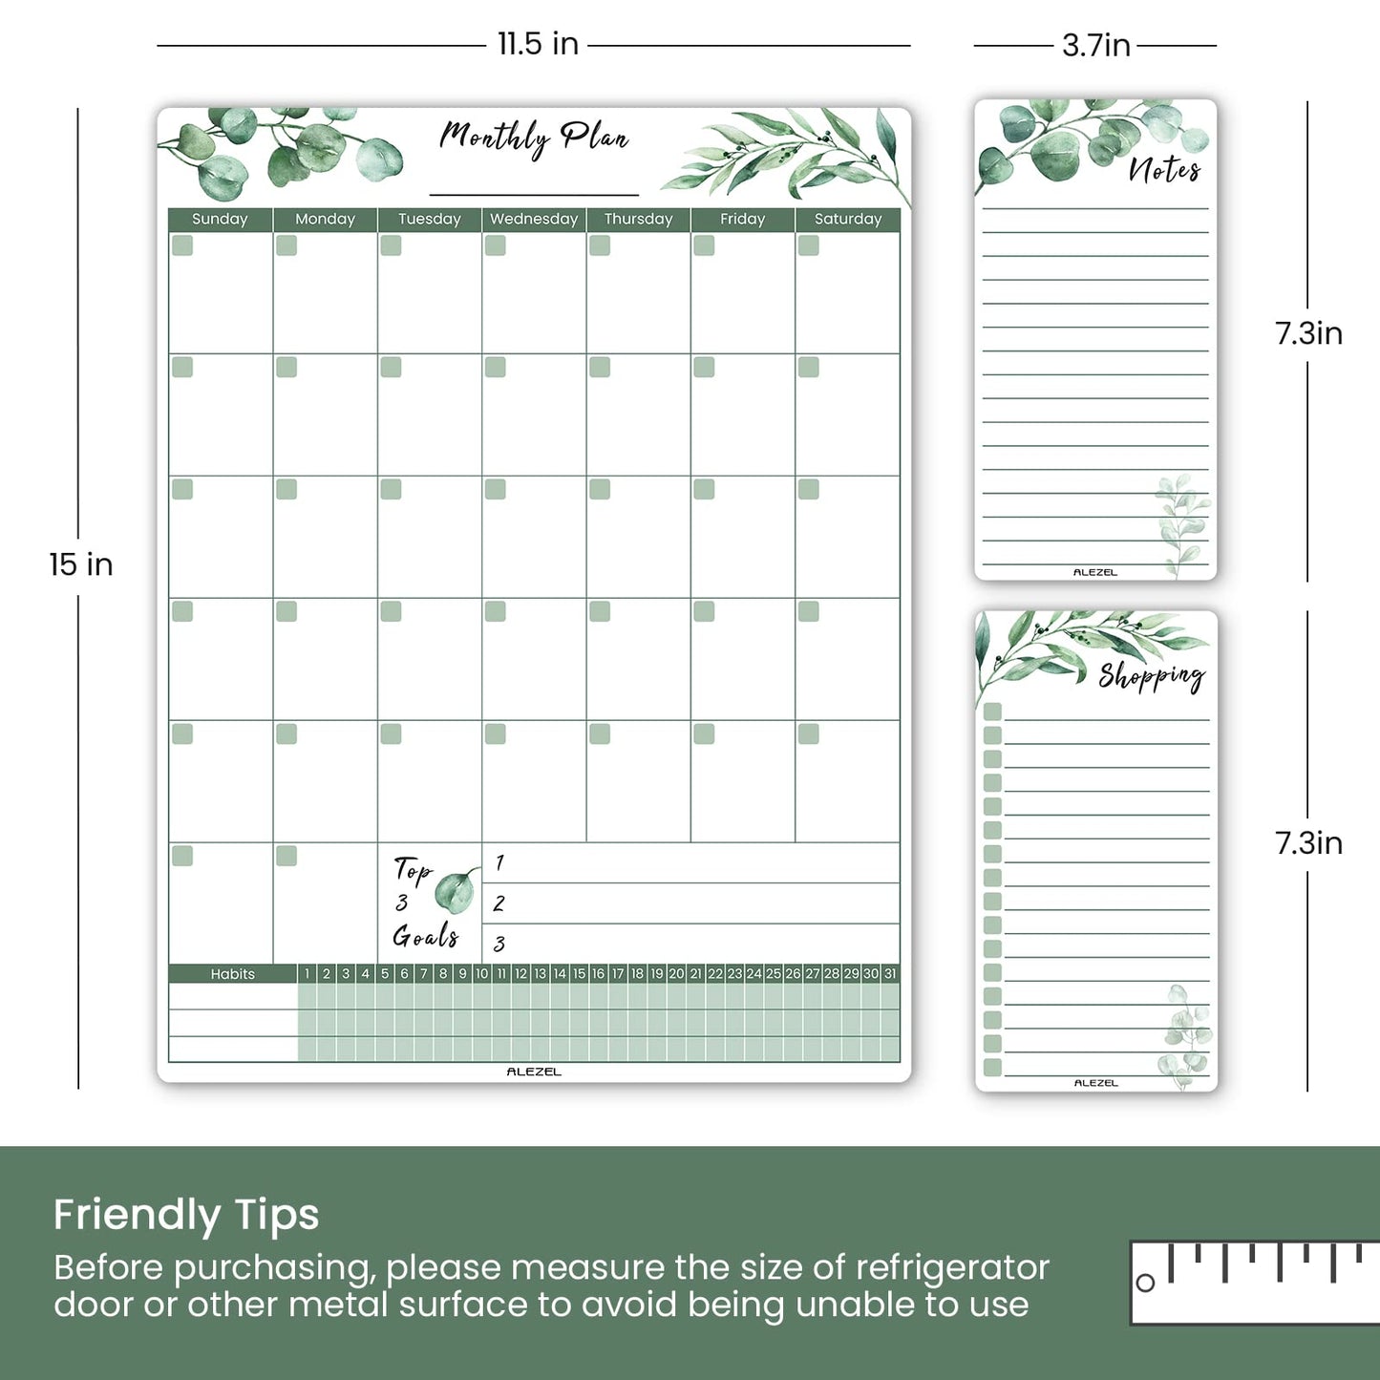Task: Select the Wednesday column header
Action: click(534, 219)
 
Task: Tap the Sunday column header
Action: click(220, 219)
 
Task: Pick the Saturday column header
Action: click(848, 219)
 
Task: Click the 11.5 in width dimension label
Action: click(538, 44)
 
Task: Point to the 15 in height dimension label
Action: click(81, 564)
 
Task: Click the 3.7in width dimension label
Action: click(1095, 45)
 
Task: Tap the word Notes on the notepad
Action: click(1164, 170)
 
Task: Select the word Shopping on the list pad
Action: click(1151, 676)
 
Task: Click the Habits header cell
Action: click(233, 974)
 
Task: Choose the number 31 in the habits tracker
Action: click(890, 974)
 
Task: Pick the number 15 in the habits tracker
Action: click(579, 974)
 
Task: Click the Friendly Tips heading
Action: click(186, 1215)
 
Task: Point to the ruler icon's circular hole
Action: click(1146, 1283)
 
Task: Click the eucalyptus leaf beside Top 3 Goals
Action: click(456, 891)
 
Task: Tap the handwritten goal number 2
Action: click(499, 903)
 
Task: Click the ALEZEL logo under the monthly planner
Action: click(534, 1072)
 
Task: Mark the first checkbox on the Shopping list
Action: click(992, 711)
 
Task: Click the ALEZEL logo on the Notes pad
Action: click(1094, 572)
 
